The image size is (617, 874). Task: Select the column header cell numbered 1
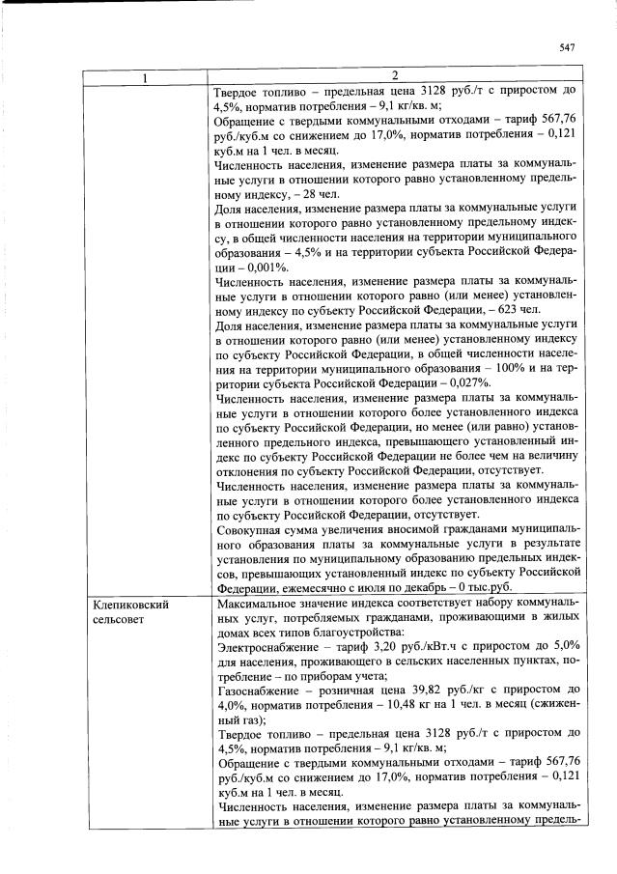coord(146,77)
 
